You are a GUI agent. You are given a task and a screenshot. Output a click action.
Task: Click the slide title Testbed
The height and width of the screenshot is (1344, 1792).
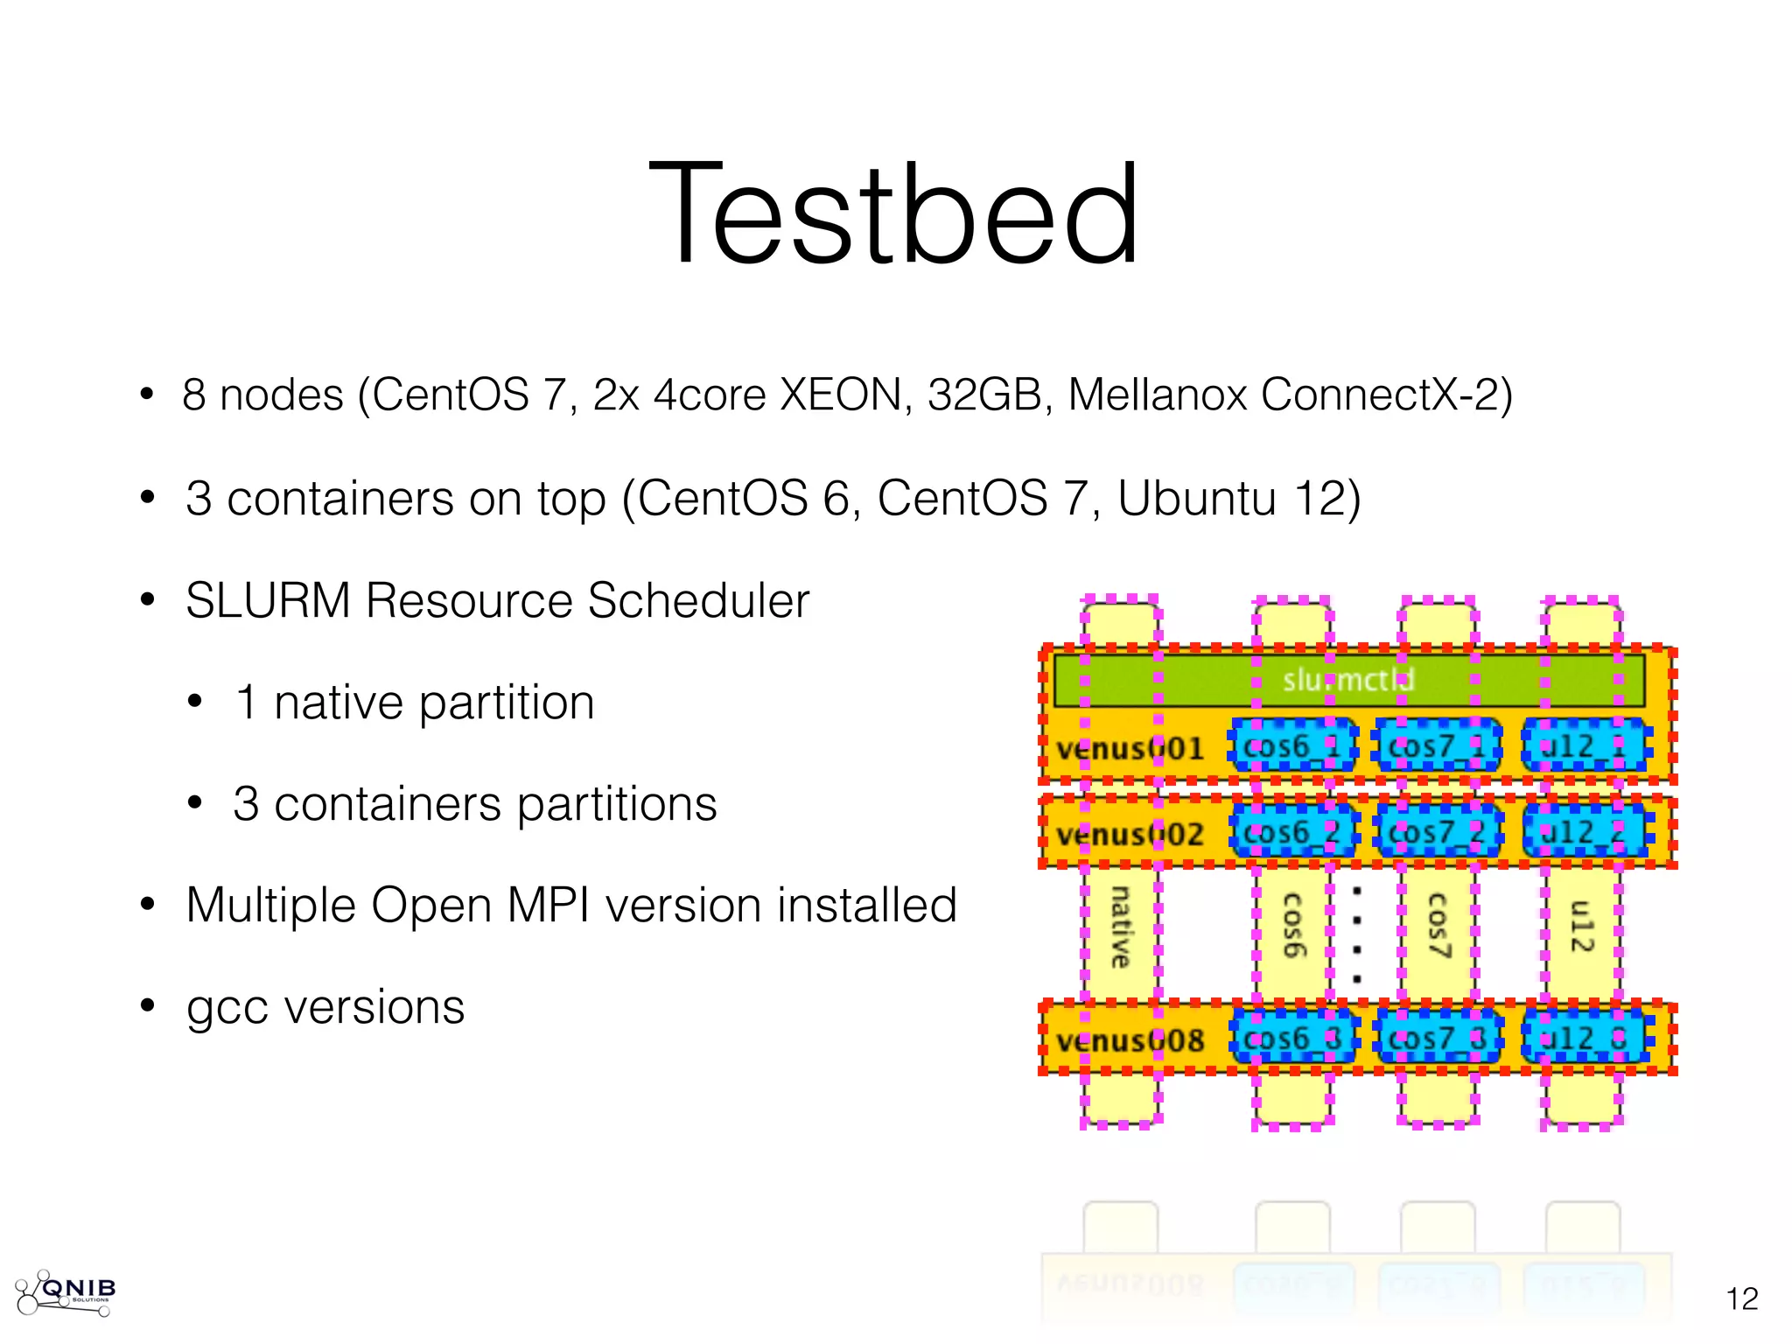pos(893,213)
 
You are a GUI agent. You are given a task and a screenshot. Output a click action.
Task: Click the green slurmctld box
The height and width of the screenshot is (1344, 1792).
pos(1348,680)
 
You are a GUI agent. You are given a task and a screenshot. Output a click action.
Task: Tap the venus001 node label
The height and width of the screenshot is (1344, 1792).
pos(1130,749)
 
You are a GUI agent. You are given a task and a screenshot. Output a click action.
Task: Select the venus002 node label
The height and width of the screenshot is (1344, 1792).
pos(1130,834)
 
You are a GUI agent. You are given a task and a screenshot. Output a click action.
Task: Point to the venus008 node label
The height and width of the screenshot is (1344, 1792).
pos(1130,1040)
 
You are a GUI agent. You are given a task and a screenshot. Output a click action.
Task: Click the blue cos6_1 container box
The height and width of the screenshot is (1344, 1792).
pos(1292,746)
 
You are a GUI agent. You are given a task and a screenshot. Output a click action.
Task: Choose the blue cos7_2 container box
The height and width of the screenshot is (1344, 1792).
pos(1438,831)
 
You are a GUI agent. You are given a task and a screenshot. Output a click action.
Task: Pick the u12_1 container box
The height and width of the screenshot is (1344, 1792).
pos(1583,746)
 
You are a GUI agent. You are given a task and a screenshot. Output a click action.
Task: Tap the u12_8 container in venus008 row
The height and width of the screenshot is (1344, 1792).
pos(1583,1039)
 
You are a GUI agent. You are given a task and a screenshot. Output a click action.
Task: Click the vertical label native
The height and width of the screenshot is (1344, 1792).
pos(1120,927)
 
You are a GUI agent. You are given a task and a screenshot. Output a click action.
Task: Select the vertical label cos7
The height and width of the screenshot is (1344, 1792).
pos(1438,925)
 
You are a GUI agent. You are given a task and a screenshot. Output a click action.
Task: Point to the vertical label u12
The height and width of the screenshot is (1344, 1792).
pos(1582,925)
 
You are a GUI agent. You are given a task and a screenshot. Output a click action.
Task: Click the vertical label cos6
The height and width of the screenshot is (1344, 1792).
pos(1292,925)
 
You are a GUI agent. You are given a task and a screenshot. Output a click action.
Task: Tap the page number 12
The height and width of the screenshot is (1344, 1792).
pos(1741,1298)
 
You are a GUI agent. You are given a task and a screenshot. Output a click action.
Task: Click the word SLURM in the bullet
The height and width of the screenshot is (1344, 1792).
pos(268,601)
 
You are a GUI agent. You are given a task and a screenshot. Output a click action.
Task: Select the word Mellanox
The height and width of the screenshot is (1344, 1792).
pos(1157,395)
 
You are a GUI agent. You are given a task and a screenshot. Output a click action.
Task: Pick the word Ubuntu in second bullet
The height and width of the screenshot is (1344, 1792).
pos(1196,499)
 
